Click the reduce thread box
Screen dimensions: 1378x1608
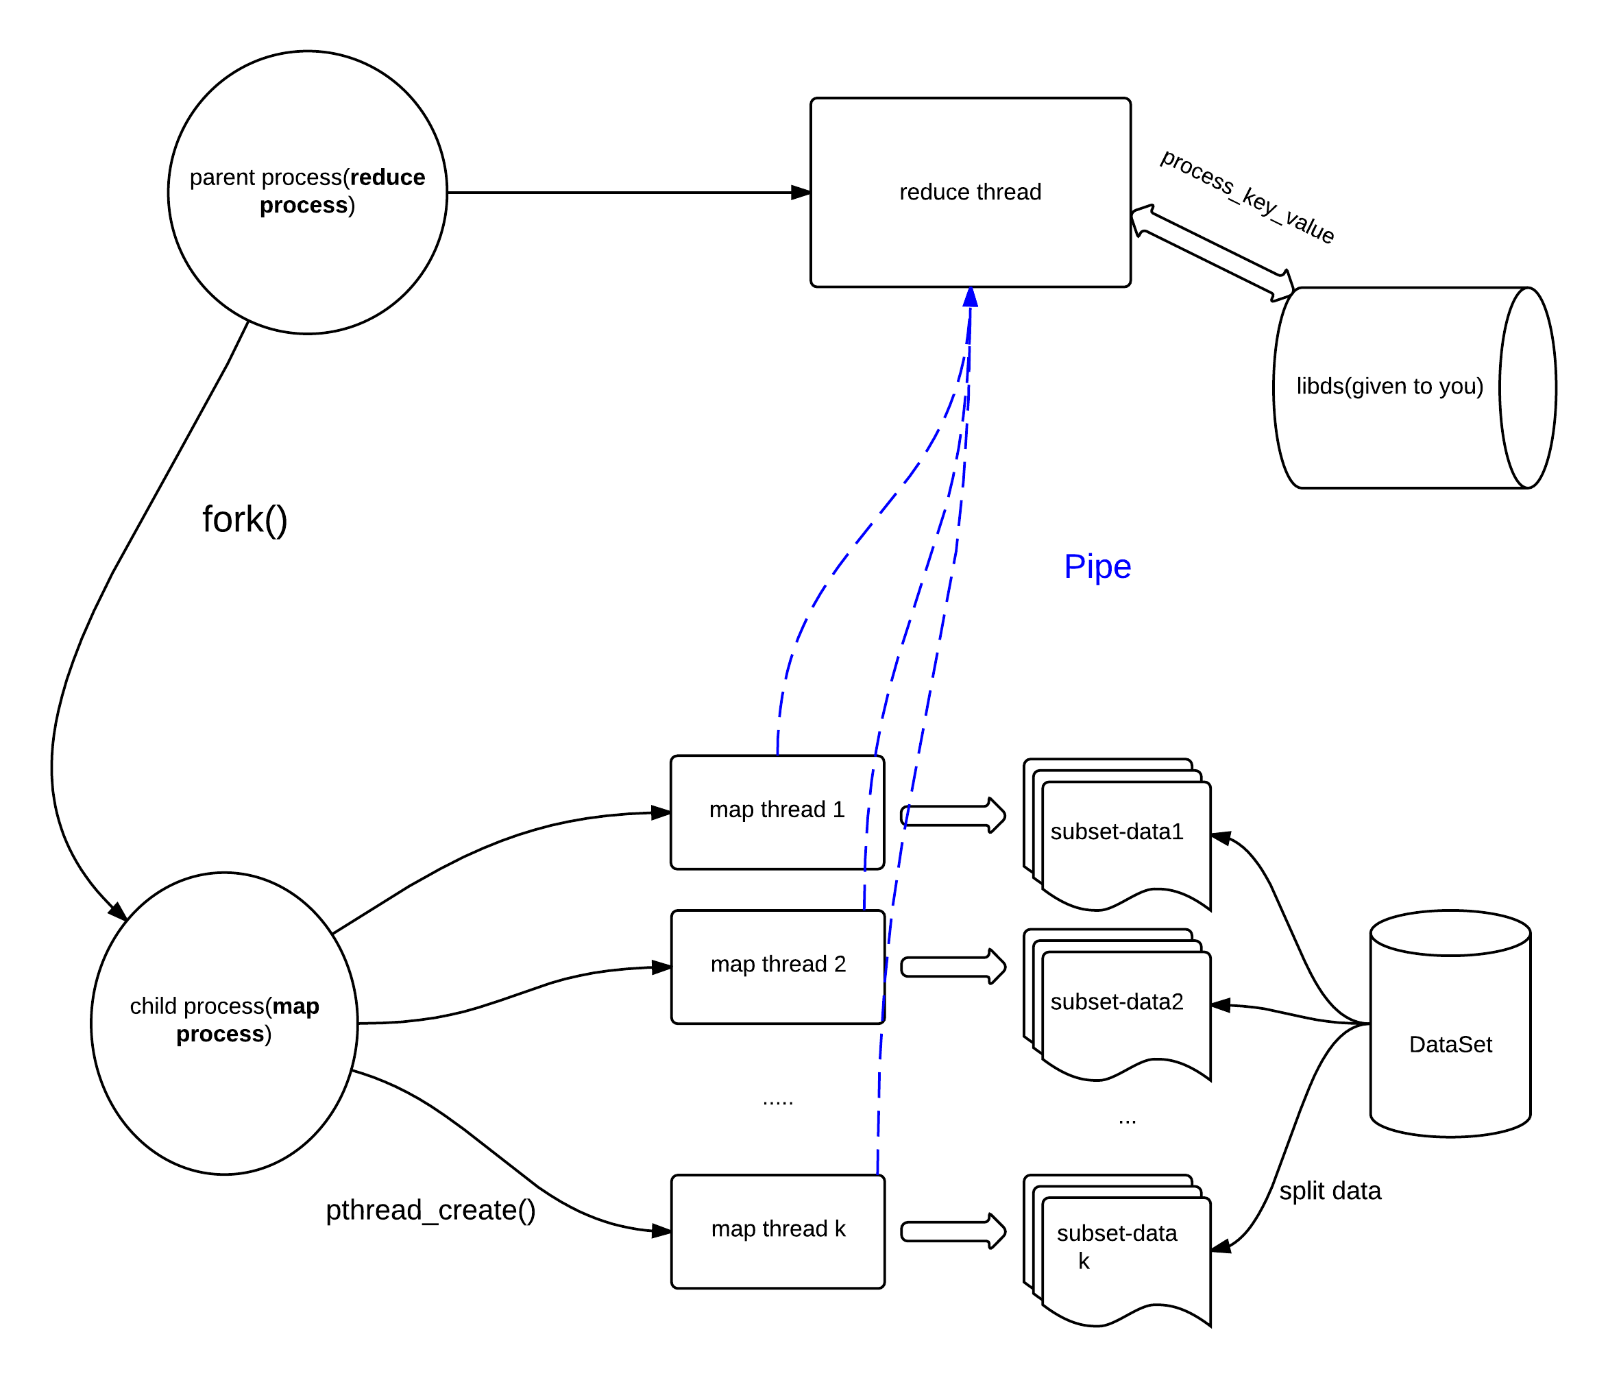point(970,193)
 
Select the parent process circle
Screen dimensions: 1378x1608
point(307,193)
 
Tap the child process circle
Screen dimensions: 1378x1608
point(224,1023)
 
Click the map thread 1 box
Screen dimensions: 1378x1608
point(777,812)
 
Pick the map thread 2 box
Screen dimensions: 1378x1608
point(778,967)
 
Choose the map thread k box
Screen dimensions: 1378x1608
point(778,1231)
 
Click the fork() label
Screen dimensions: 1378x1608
point(245,520)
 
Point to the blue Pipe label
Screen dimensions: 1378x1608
point(1097,567)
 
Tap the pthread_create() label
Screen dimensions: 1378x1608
point(430,1209)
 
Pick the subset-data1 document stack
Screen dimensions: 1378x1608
point(1117,834)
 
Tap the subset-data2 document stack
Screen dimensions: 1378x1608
point(1117,1004)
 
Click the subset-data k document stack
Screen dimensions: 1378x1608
point(1117,1250)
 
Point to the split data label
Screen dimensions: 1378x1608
point(1330,1191)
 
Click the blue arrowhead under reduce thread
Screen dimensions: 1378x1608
point(970,298)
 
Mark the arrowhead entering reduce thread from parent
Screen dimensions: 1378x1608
point(801,193)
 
